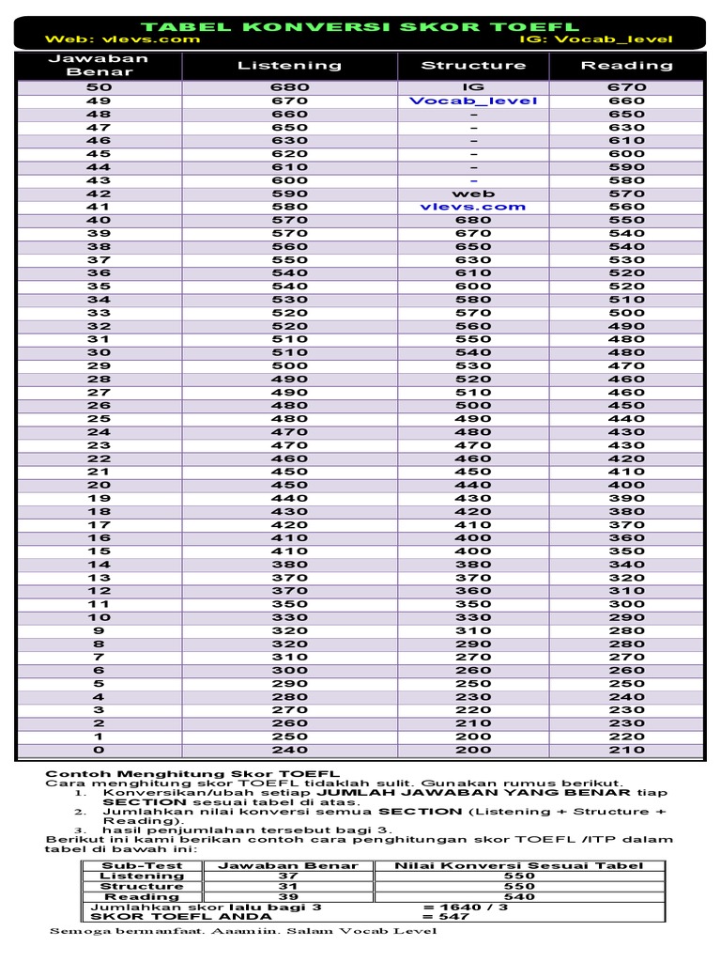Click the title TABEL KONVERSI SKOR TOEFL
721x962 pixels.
pyautogui.click(x=360, y=26)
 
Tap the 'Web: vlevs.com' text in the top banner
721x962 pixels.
pyautogui.click(x=122, y=39)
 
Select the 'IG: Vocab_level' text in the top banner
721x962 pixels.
pyautogui.click(x=595, y=39)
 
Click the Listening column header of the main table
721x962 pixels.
pyautogui.click(x=289, y=66)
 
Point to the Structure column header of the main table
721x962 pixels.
pyautogui.click(x=473, y=66)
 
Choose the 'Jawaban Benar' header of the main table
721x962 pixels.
pyautogui.click(x=100, y=66)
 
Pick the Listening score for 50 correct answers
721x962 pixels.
pyautogui.click(x=289, y=87)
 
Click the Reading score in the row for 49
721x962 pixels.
pyautogui.click(x=626, y=101)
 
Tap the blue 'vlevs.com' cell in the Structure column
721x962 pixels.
pyautogui.click(x=473, y=207)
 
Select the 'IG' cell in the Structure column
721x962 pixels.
pyautogui.click(x=473, y=87)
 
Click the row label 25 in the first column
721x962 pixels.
pyautogui.click(x=100, y=419)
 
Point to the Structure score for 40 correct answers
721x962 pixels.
pyautogui.click(x=473, y=220)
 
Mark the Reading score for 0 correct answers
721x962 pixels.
pyautogui.click(x=626, y=751)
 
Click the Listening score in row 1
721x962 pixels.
pyautogui.click(x=289, y=737)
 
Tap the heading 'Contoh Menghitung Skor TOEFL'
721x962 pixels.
pyautogui.click(x=192, y=773)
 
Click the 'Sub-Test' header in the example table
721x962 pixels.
pyautogui.click(x=142, y=865)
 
